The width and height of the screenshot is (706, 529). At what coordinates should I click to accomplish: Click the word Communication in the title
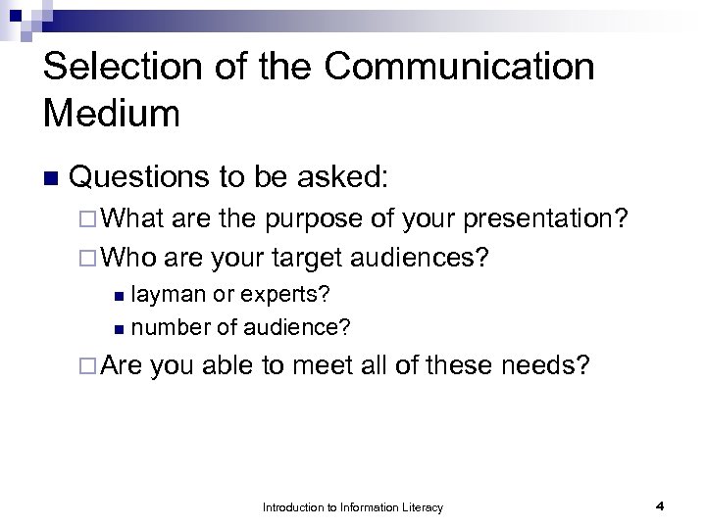point(459,67)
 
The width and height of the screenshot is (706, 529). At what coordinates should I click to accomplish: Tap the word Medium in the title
point(112,114)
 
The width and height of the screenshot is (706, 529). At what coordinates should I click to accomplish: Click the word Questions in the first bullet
point(139,177)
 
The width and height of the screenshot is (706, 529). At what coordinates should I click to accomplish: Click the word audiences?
point(429,258)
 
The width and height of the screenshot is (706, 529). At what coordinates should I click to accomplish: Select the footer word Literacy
point(422,507)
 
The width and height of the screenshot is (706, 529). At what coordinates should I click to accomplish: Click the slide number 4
point(660,506)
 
